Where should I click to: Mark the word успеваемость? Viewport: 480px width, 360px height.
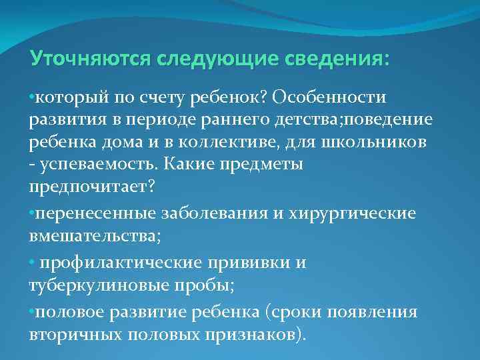[85, 165]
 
